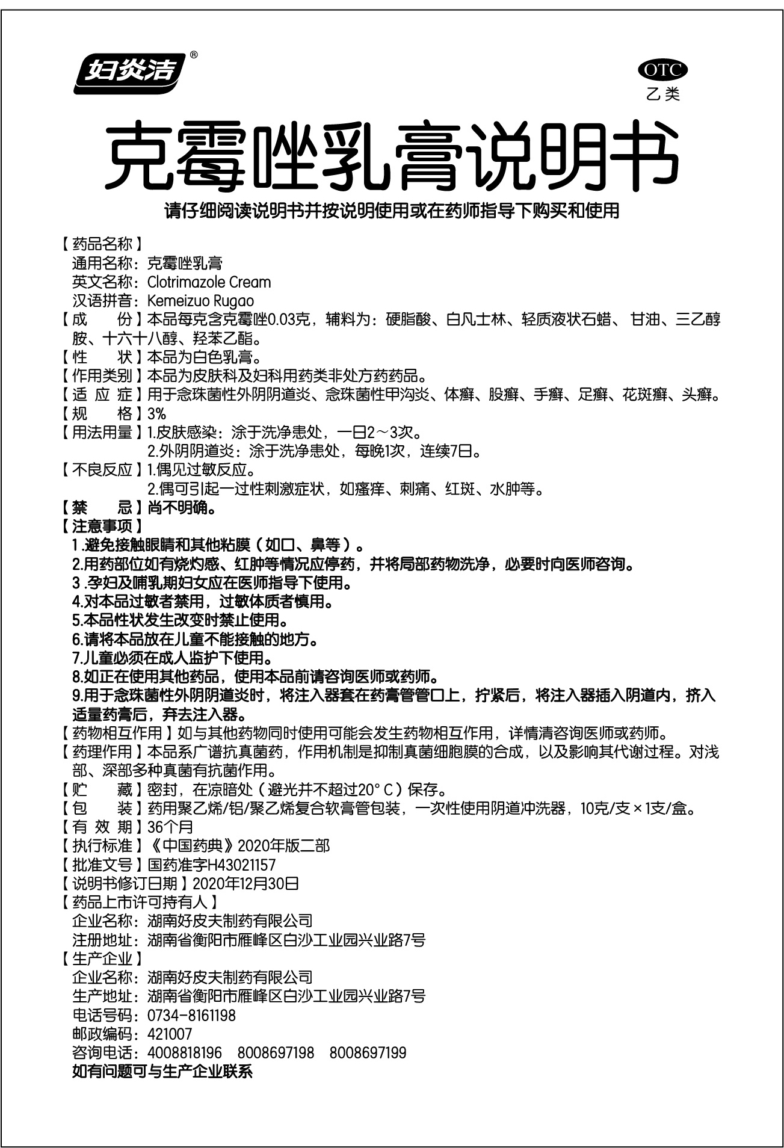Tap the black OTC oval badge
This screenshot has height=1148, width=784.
point(662,70)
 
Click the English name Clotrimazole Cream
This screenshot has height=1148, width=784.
point(209,282)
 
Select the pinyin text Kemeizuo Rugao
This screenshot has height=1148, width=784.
point(200,301)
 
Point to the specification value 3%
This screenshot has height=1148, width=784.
point(156,414)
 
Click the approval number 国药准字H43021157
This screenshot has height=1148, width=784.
point(211,865)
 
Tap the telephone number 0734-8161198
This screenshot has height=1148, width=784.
point(191,1016)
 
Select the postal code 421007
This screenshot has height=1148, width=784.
point(170,1034)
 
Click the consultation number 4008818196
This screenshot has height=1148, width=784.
point(185,1053)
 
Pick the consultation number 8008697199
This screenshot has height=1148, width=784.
point(368,1053)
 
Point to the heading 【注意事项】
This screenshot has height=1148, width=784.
point(102,526)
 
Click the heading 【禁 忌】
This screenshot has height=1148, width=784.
point(102,508)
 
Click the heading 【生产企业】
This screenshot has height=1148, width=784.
point(102,959)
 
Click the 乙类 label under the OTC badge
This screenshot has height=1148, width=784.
point(662,94)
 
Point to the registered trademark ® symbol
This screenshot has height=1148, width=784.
point(194,55)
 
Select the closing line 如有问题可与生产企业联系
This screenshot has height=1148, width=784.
point(162,1072)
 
